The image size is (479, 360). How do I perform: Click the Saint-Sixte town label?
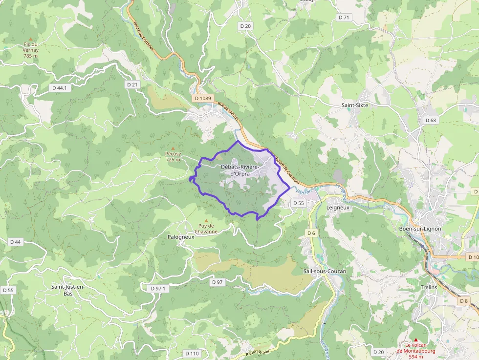point(354,105)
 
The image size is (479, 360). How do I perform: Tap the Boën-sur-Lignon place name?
point(420,229)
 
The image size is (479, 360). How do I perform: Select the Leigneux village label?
point(338,207)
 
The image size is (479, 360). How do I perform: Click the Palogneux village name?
point(181,236)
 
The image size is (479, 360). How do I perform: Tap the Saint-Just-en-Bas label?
point(67,290)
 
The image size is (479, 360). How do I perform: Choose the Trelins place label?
point(429,287)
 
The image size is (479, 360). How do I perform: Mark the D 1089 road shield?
point(203,98)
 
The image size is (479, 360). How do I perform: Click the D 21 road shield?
point(132,85)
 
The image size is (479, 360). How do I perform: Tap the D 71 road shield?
point(344,18)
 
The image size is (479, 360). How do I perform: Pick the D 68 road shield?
point(431,120)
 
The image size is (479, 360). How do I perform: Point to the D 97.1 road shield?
point(158,289)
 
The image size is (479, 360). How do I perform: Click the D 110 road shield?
point(192,353)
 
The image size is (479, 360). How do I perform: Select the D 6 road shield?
point(311,233)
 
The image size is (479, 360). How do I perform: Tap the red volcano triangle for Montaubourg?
point(416,340)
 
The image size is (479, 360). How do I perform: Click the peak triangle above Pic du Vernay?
point(31,39)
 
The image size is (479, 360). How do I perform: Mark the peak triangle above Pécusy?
point(173,148)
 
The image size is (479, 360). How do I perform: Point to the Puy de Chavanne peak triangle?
point(206,220)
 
